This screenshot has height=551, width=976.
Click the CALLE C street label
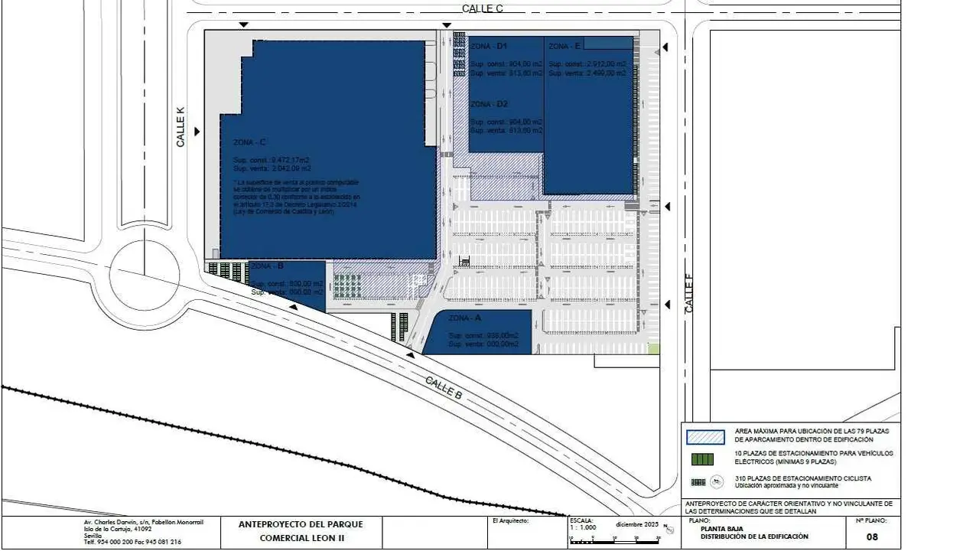[482, 8]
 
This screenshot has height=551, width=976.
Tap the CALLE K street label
[181, 127]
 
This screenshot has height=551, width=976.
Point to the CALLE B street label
[444, 389]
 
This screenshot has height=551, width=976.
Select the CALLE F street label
[689, 297]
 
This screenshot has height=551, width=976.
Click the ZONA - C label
[250, 142]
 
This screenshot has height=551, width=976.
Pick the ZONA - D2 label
[490, 104]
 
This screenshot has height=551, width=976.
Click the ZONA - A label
[465, 318]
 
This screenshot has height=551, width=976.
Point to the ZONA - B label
[268, 266]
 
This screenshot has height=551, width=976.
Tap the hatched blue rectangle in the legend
[705, 436]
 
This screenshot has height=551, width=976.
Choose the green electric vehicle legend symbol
[701, 459]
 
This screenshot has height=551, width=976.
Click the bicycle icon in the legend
[717, 482]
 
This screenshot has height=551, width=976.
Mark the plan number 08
[872, 536]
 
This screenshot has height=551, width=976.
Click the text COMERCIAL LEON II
[301, 538]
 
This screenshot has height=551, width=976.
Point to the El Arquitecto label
[511, 521]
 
